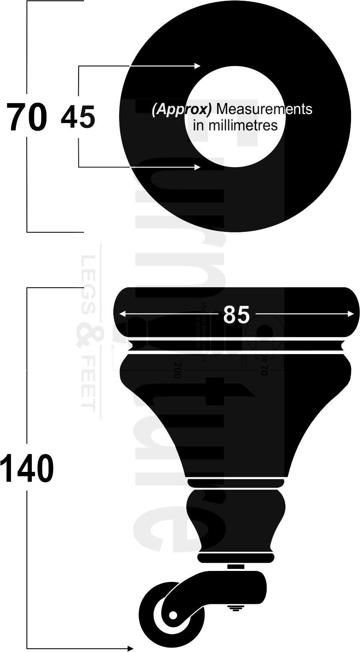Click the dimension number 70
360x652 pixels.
pyautogui.click(x=27, y=117)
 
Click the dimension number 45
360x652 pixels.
pyautogui.click(x=78, y=117)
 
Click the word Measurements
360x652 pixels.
pyautogui.click(x=264, y=109)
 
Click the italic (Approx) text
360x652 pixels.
pyautogui.click(x=182, y=109)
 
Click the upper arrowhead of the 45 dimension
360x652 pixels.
pyautogui.click(x=198, y=66)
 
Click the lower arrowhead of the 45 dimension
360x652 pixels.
pyautogui.click(x=198, y=167)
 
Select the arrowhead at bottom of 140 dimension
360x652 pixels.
pyautogui.click(x=130, y=648)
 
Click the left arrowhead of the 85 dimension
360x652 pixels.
pyautogui.click(x=121, y=313)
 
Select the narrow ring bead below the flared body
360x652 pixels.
pyautogui.click(x=236, y=483)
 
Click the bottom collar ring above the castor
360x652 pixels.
pyautogui.click(x=236, y=557)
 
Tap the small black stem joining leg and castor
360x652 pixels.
pyautogui.click(x=236, y=566)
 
